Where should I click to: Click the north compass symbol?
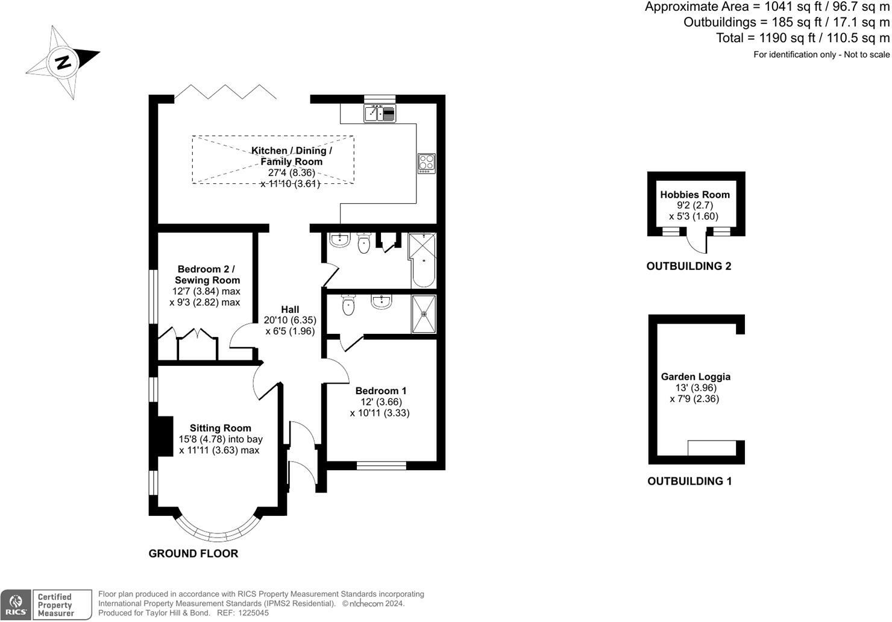pyautogui.click(x=62, y=61)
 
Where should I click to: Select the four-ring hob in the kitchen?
pyautogui.click(x=427, y=163)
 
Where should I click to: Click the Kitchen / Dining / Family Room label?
pyautogui.click(x=292, y=156)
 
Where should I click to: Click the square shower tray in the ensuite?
pyautogui.click(x=424, y=313)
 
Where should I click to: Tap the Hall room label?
pyautogui.click(x=290, y=310)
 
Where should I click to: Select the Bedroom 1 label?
pyautogui.click(x=381, y=391)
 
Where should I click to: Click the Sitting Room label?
pyautogui.click(x=221, y=428)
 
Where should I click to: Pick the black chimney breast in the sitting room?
pyautogui.click(x=163, y=435)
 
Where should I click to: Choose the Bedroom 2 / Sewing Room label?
pyautogui.click(x=207, y=274)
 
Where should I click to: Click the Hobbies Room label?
pyautogui.click(x=695, y=195)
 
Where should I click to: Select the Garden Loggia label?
pyautogui.click(x=696, y=377)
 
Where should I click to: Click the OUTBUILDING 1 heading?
pyautogui.click(x=689, y=481)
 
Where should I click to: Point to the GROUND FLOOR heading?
pyautogui.click(x=193, y=553)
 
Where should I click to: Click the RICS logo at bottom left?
pyautogui.click(x=16, y=605)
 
